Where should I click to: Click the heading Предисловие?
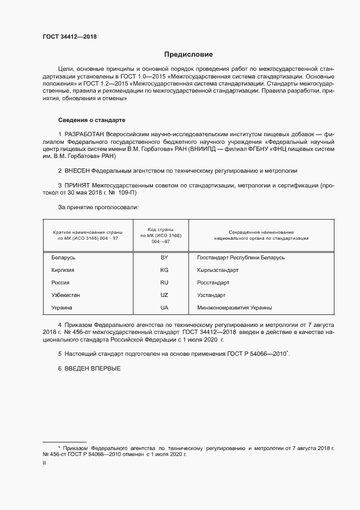tap(188, 54)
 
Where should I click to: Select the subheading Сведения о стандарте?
tap(93, 119)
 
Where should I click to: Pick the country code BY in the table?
tap(164, 257)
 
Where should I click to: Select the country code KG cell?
tap(164, 270)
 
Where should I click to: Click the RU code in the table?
tap(164, 283)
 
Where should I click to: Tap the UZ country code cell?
tap(164, 295)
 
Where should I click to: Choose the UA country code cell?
tap(164, 308)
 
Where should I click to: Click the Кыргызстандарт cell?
tap(218, 270)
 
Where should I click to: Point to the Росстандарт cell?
tap(213, 283)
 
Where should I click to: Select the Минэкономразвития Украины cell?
tap(235, 308)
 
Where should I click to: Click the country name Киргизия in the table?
tap(63, 270)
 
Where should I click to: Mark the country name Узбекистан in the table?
tap(66, 295)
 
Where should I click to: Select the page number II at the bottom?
tap(44, 463)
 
